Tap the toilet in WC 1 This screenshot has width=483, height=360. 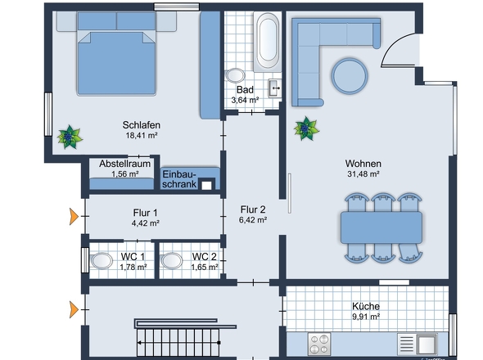tap(102, 261)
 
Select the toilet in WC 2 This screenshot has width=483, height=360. tap(172, 261)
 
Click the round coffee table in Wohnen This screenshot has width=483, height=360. tap(350, 76)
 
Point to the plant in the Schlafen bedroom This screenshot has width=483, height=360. tap(70, 137)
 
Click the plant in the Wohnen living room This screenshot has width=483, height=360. tap(306, 128)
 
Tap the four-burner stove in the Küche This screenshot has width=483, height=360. tap(319, 344)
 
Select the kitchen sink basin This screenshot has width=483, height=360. tap(427, 344)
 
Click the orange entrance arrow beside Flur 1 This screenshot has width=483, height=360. tap(74, 217)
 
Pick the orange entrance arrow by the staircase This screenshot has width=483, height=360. tap(74, 309)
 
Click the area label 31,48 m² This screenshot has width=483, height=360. tap(363, 174)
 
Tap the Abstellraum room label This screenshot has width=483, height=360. tap(124, 164)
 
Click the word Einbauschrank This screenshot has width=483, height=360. tap(179, 179)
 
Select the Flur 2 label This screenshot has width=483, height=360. tap(253, 209)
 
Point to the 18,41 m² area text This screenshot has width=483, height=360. tap(142, 135)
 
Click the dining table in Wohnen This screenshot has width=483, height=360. tap(381, 227)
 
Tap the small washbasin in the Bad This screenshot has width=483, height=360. tap(274, 88)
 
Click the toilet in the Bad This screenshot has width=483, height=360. tap(235, 75)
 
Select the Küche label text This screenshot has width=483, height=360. tap(366, 307)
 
